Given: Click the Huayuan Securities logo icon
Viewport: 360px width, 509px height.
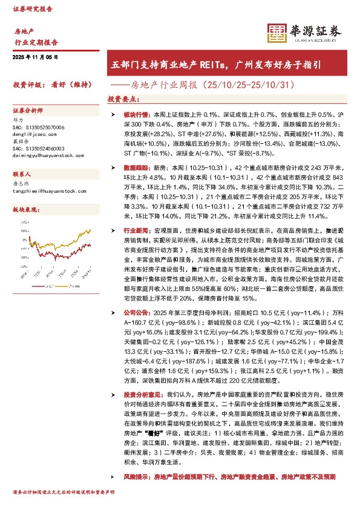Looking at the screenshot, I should (x=277, y=33).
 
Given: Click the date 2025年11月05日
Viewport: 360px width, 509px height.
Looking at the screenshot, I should (x=34, y=57).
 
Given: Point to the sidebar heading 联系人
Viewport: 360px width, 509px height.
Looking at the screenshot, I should (x=24, y=172).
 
